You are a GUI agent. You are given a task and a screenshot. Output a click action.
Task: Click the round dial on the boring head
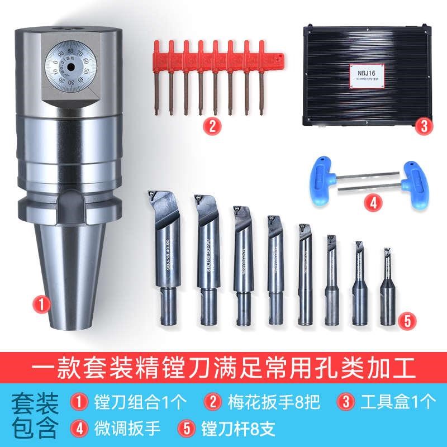(x=68, y=68)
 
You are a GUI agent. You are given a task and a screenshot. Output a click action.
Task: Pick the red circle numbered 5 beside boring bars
(x=407, y=320)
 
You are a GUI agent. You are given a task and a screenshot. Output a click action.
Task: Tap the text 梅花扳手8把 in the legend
(x=266, y=401)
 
